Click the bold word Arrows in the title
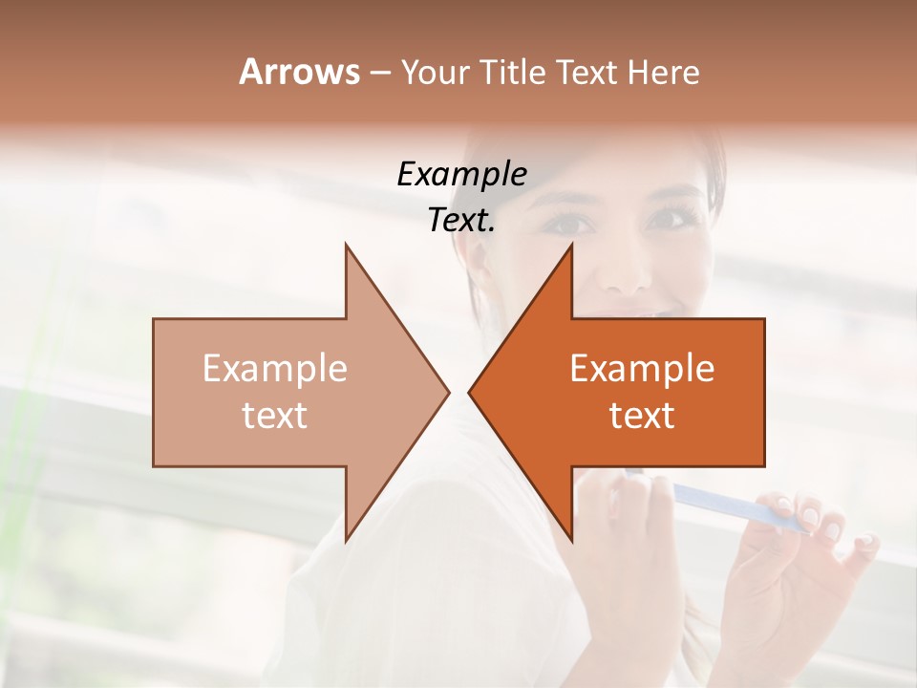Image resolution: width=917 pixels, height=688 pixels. (x=299, y=72)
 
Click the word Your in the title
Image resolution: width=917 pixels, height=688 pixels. (x=435, y=72)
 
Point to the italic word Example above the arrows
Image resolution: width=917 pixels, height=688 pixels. (x=462, y=175)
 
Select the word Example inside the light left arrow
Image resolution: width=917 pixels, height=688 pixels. (x=275, y=369)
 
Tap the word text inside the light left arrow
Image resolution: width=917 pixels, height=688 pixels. (x=275, y=416)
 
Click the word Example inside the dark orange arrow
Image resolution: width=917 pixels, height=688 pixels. (x=642, y=369)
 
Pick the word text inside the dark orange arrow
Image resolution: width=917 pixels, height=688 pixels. (x=642, y=416)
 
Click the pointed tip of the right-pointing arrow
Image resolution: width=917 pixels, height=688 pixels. (x=448, y=392)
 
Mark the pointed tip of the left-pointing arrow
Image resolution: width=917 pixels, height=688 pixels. (x=469, y=392)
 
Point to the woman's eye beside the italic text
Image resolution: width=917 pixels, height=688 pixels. (x=571, y=223)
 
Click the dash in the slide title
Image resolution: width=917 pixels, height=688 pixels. (x=379, y=73)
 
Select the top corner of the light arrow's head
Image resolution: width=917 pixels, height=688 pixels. (x=346, y=246)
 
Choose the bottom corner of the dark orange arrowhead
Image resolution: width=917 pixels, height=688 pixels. (x=571, y=540)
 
